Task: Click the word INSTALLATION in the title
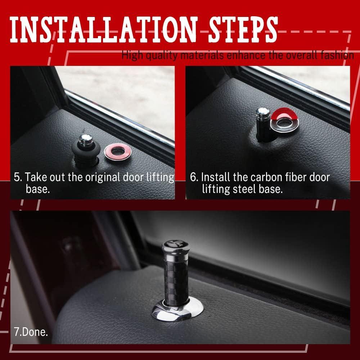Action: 103,30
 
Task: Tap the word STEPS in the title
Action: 243,30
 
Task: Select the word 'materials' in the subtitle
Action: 202,55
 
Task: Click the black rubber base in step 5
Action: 86,153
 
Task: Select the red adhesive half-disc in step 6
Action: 285,114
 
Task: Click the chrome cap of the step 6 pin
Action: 263,113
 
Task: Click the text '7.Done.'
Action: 31,332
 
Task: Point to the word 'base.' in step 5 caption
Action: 38,189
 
